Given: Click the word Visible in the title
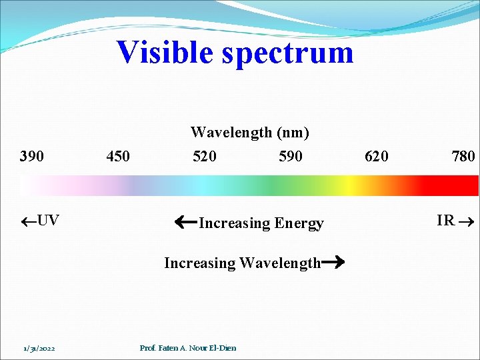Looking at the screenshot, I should click(x=165, y=52).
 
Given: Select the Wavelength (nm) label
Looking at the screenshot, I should click(x=250, y=133).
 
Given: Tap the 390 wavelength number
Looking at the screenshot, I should click(x=32, y=157).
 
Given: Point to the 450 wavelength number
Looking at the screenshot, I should click(x=118, y=157).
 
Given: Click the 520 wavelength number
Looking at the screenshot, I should click(x=205, y=157).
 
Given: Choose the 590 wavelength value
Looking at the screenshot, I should click(x=291, y=157).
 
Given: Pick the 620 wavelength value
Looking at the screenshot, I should click(x=377, y=157).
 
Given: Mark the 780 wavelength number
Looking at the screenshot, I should click(x=463, y=157).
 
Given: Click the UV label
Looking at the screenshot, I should click(x=47, y=221).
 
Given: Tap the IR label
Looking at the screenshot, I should click(x=445, y=221).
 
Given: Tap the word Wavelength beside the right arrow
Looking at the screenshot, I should click(x=280, y=263).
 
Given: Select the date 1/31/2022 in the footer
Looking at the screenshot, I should click(x=38, y=348).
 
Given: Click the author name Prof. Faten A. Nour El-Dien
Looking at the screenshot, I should click(x=188, y=348).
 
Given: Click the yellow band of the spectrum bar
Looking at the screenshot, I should click(x=347, y=185).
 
